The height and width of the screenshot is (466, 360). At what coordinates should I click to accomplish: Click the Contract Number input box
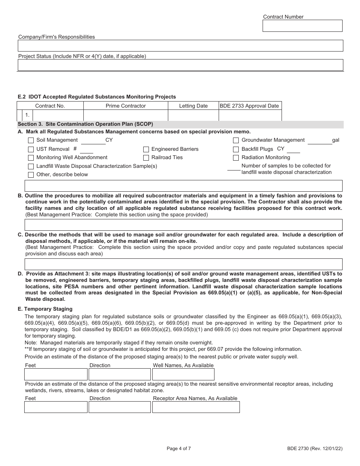click(x=302, y=26)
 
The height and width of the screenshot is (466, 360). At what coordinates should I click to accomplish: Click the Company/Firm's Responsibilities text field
click(x=180, y=45)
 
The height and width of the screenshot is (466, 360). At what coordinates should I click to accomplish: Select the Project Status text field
click(x=180, y=65)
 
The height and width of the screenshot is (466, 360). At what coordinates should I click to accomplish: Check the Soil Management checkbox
click(x=31, y=141)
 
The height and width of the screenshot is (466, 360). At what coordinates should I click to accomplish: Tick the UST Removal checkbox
click(x=31, y=149)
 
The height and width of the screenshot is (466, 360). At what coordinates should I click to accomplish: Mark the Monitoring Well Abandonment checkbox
click(x=31, y=158)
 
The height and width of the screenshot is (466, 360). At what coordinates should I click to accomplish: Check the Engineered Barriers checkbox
click(x=146, y=149)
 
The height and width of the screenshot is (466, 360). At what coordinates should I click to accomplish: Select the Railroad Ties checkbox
click(x=146, y=158)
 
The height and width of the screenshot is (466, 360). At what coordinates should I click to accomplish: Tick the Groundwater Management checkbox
click(x=236, y=141)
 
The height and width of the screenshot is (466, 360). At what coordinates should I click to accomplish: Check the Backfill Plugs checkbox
click(x=236, y=149)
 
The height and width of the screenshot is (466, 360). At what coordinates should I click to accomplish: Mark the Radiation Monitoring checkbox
click(x=236, y=158)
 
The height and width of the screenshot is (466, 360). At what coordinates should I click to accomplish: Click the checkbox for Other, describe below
click(x=31, y=175)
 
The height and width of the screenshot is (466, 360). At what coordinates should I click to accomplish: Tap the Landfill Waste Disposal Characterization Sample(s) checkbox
click(x=31, y=166)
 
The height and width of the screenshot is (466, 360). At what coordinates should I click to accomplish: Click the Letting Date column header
click(x=193, y=106)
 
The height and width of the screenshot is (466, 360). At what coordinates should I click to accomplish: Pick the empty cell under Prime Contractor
click(x=125, y=115)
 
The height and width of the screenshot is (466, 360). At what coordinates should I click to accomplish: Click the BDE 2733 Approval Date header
click(x=250, y=106)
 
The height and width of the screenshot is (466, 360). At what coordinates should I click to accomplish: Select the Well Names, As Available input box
click(x=183, y=374)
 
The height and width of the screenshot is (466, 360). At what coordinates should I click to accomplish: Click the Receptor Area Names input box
click(x=196, y=407)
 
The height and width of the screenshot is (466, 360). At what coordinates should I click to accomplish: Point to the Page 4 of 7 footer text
click(x=179, y=449)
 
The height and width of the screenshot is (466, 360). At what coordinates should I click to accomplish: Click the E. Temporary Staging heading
click(x=45, y=309)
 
